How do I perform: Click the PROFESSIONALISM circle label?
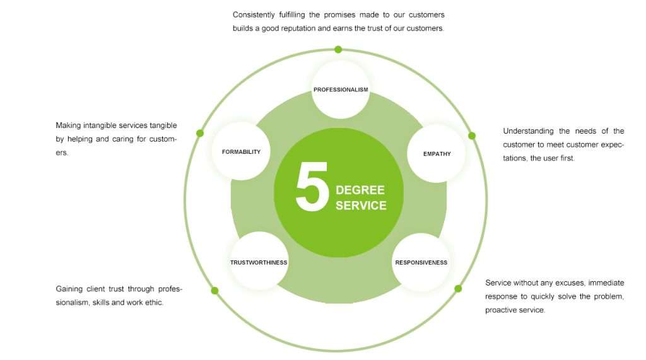pyautogui.click(x=341, y=90)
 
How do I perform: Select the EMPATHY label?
pyautogui.click(x=437, y=154)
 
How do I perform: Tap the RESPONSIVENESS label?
pyautogui.click(x=421, y=262)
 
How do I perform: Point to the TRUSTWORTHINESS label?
pyautogui.click(x=259, y=262)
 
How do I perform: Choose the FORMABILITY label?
pyautogui.click(x=241, y=152)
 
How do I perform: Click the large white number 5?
pyautogui.click(x=312, y=187)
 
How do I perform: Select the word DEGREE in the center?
pyautogui.click(x=360, y=190)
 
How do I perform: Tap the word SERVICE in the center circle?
pyautogui.click(x=361, y=206)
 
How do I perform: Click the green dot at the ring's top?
pyautogui.click(x=338, y=49)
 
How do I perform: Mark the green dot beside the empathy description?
pyautogui.click(x=471, y=136)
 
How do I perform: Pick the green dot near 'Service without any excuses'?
pyautogui.click(x=458, y=289)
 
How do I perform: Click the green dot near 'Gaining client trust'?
pyautogui.click(x=214, y=291)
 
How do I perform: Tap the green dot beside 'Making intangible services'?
pyautogui.click(x=200, y=133)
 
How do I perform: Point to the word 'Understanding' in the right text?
pyautogui.click(x=528, y=131)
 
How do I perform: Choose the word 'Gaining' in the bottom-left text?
pyautogui.click(x=69, y=289)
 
